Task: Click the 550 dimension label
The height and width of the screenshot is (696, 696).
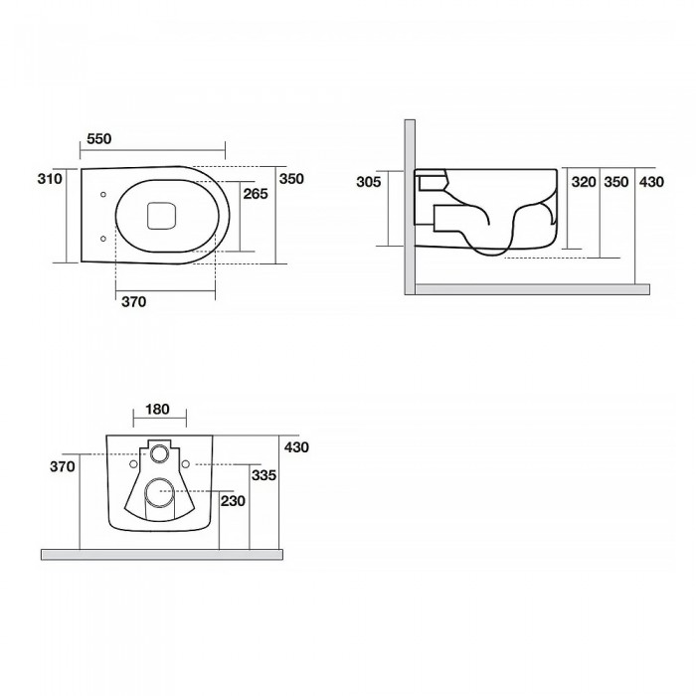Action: click(x=99, y=139)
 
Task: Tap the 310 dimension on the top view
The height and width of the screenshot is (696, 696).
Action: click(x=50, y=179)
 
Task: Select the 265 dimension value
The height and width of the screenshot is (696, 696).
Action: click(x=256, y=194)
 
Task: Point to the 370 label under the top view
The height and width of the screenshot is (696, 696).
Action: click(x=133, y=302)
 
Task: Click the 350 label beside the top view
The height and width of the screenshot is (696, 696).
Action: click(x=291, y=179)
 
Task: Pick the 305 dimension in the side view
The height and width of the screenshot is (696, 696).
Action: click(x=369, y=182)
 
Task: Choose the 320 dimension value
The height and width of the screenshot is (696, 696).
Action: click(x=584, y=182)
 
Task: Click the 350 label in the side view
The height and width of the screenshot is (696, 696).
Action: click(x=616, y=182)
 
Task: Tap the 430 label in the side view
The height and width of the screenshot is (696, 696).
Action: click(x=651, y=182)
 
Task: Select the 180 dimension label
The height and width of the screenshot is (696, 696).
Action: click(x=157, y=409)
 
